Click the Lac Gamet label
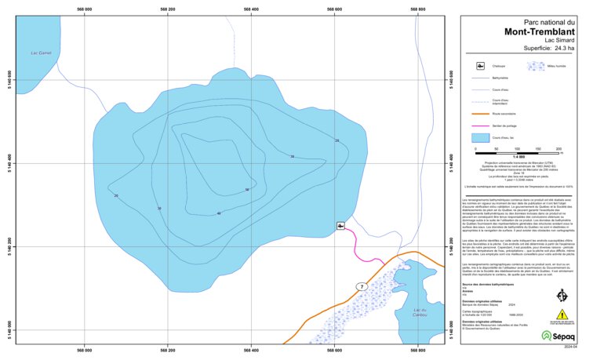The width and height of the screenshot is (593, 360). (38, 53)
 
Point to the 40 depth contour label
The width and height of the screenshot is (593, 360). (219, 213)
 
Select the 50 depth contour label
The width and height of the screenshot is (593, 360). (246, 190)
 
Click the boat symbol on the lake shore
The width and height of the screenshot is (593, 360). (340, 226)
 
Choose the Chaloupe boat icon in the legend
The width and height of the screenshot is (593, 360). (481, 67)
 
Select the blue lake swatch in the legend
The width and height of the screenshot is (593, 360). (480, 137)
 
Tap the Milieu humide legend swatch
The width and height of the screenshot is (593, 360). (535, 67)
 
